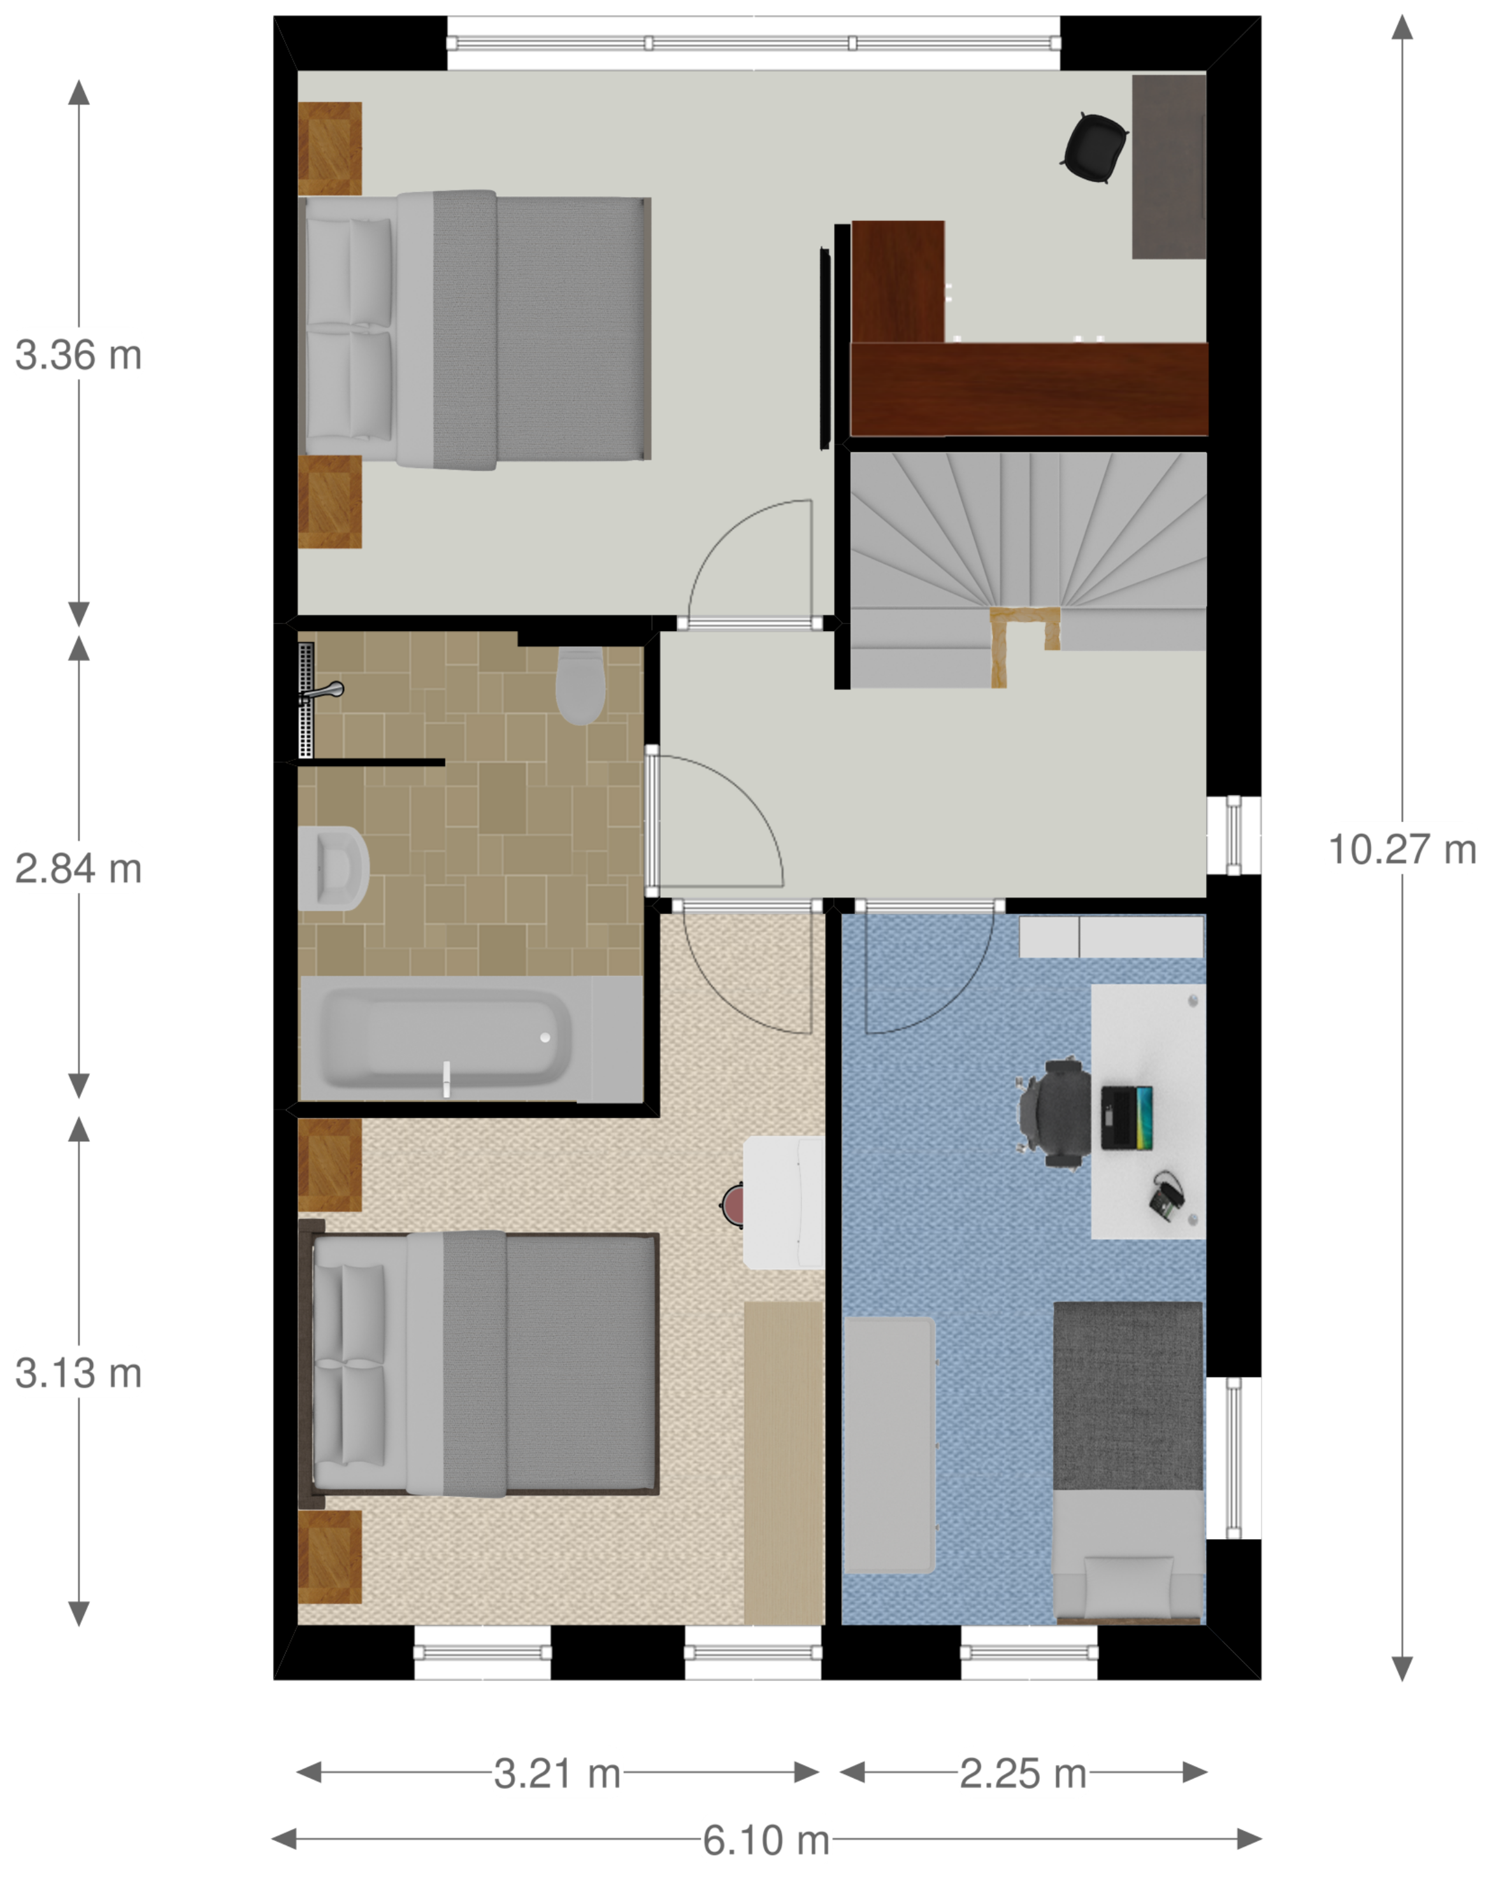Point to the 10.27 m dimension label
coord(1402,849)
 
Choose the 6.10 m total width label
coord(766,1840)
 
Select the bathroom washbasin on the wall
coord(333,868)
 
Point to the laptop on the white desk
coord(1126,1118)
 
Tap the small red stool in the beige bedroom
coord(732,1205)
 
